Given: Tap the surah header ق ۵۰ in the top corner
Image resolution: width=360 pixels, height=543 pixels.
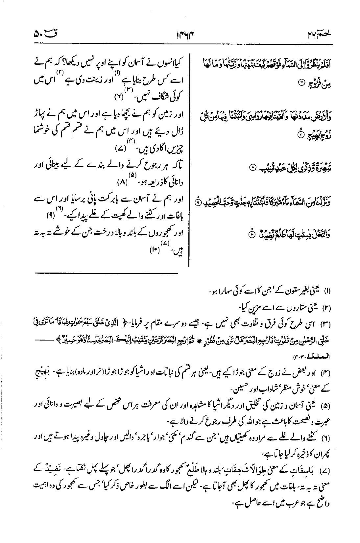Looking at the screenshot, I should [42, 34].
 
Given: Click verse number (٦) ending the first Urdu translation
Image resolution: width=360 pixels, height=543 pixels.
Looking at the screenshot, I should [118, 98].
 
